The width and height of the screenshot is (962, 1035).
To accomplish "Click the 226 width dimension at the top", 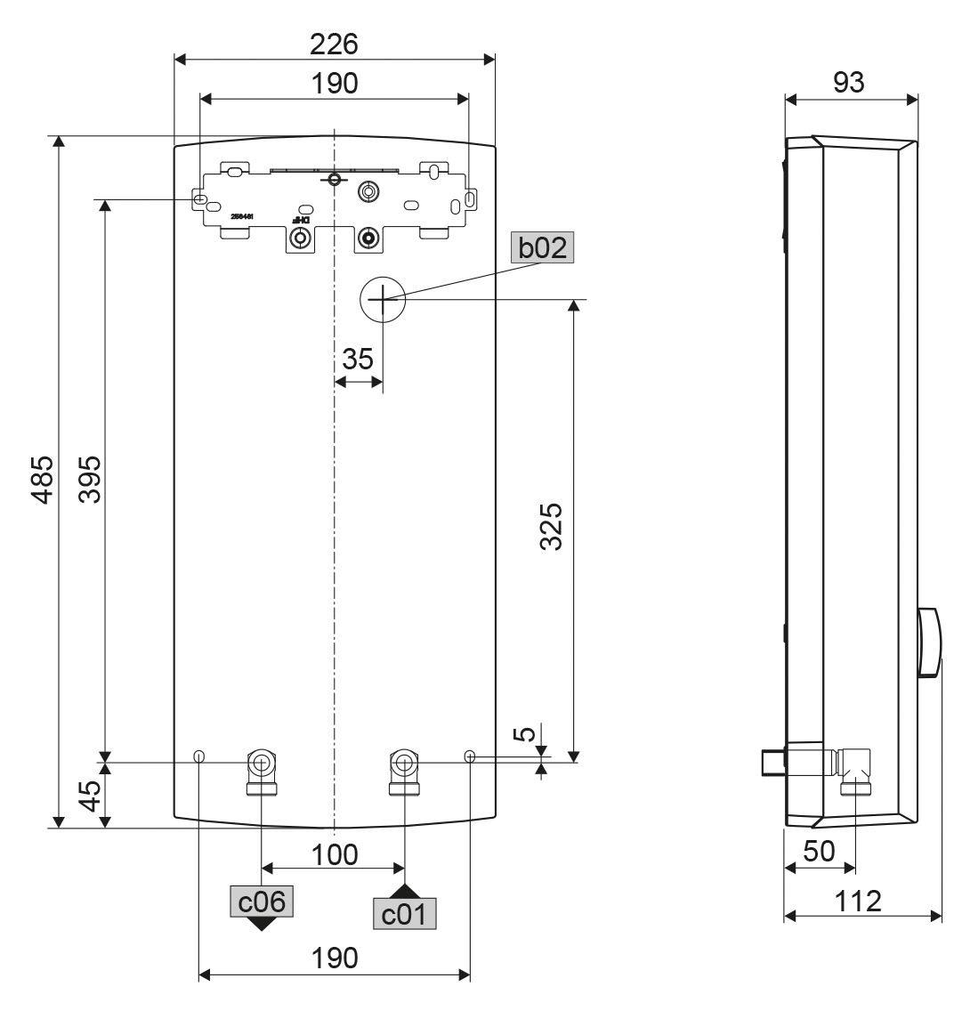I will [334, 44].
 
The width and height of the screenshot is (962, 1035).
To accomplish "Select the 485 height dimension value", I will [42, 481].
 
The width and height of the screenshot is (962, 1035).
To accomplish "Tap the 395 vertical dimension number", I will [89, 481].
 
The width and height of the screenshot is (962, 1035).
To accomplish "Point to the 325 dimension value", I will [552, 527].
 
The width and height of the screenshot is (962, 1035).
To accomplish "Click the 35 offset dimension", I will [358, 360].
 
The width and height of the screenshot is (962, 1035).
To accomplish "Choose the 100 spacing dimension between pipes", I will [334, 854].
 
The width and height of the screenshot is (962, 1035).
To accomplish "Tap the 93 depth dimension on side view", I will [848, 82].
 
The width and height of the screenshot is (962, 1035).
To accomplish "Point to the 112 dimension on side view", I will [860, 901].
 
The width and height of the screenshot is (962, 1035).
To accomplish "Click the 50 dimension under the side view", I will [819, 851].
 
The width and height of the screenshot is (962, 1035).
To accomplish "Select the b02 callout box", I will [543, 247].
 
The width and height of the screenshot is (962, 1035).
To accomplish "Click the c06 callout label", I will [261, 902].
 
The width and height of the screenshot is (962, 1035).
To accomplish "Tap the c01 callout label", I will [405, 914].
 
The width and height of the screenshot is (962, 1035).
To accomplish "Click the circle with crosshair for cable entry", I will [383, 301].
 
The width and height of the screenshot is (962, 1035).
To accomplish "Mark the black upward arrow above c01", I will [405, 891].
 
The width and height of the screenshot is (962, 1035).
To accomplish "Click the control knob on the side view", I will [928, 643].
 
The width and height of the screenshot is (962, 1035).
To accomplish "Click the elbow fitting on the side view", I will [856, 766].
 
